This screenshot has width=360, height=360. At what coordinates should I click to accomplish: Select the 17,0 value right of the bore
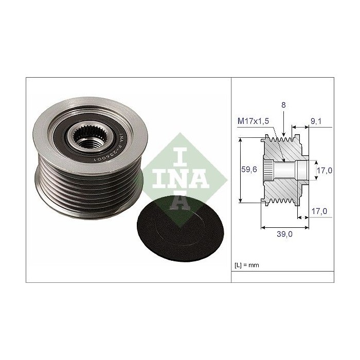pos(323,170)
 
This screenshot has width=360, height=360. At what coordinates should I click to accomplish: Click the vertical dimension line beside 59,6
pos(241,170)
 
